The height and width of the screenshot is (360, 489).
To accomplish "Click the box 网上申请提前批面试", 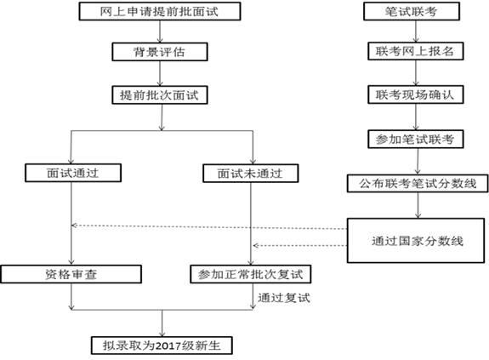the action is tap(160, 11).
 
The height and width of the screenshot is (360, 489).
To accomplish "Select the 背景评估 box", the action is tap(160, 52).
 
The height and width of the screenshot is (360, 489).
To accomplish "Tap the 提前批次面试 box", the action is tap(160, 95).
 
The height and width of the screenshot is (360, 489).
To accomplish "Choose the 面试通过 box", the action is tap(73, 173).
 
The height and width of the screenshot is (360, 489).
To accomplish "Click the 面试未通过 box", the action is tap(250, 174).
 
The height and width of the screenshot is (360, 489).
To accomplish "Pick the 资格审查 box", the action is tap(71, 274).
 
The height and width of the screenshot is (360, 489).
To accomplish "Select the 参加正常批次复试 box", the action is tap(250, 274).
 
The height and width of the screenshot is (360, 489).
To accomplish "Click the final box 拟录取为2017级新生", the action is tap(162, 346).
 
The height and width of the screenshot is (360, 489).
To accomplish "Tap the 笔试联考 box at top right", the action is tap(412, 11).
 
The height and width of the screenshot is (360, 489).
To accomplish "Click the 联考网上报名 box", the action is tap(415, 51).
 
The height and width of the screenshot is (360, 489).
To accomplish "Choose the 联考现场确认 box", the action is tap(415, 94).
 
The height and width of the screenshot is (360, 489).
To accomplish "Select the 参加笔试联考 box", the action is tap(415, 139).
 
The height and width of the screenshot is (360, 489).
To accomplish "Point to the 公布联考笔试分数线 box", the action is tap(418, 184).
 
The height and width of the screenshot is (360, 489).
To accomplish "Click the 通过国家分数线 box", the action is tap(416, 241).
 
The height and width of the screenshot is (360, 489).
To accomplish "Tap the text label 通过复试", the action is tap(284, 298).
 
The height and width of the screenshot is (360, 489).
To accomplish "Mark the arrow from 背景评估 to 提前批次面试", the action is tap(160, 74).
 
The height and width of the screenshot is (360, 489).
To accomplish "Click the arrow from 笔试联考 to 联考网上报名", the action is tap(416, 31).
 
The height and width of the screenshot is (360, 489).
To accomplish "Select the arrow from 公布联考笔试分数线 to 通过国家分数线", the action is tap(418, 205).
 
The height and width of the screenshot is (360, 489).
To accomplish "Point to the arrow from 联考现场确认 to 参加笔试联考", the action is tap(416, 117).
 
